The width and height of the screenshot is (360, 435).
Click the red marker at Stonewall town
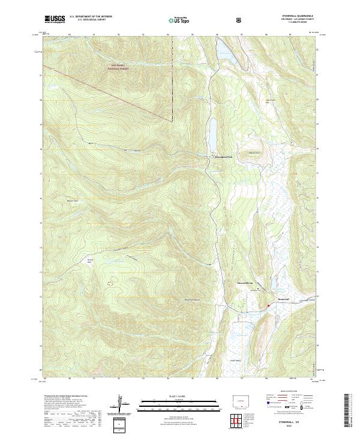click(x=268, y=305)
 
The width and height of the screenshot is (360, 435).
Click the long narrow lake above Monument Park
click(x=212, y=135)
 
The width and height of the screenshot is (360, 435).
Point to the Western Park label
click(x=73, y=200)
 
